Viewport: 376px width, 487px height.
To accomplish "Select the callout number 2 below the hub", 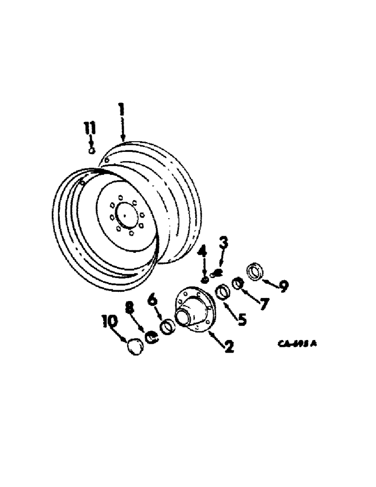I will [x=227, y=347].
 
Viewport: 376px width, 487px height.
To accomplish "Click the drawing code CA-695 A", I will [x=298, y=344].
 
